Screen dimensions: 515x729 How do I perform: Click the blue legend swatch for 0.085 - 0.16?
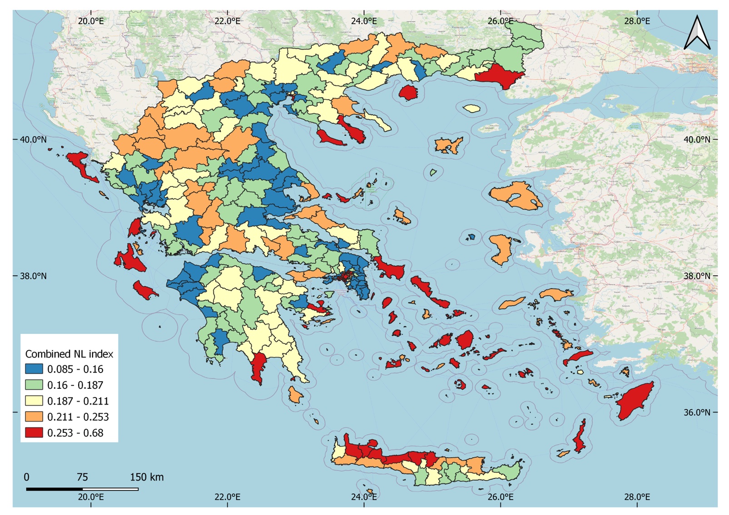pyautogui.click(x=34, y=369)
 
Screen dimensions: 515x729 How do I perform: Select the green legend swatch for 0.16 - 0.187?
pyautogui.click(x=34, y=385)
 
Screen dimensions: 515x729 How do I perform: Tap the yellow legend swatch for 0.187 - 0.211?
pyautogui.click(x=34, y=401)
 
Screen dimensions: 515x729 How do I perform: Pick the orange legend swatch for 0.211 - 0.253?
pyautogui.click(x=34, y=417)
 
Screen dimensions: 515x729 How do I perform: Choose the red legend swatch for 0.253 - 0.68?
pyautogui.click(x=34, y=432)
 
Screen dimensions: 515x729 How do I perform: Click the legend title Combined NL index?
pyautogui.click(x=69, y=354)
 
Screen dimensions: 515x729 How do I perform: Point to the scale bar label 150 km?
pyautogui.click(x=147, y=477)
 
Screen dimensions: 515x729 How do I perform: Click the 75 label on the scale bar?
pyautogui.click(x=82, y=477)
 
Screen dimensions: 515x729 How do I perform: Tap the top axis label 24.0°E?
pyautogui.click(x=364, y=21)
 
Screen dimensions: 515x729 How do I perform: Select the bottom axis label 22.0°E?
pyautogui.click(x=227, y=497)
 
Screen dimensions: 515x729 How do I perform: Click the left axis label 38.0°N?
pyautogui.click(x=33, y=276)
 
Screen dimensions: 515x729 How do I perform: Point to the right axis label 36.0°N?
pyautogui.click(x=697, y=412)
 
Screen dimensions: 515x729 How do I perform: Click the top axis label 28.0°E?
pyautogui.click(x=637, y=21)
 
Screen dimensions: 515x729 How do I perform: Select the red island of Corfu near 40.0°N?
pyautogui.click(x=82, y=166)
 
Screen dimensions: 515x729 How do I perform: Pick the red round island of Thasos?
pyautogui.click(x=408, y=93)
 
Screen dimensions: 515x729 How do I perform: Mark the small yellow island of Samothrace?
pyautogui.click(x=472, y=108)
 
